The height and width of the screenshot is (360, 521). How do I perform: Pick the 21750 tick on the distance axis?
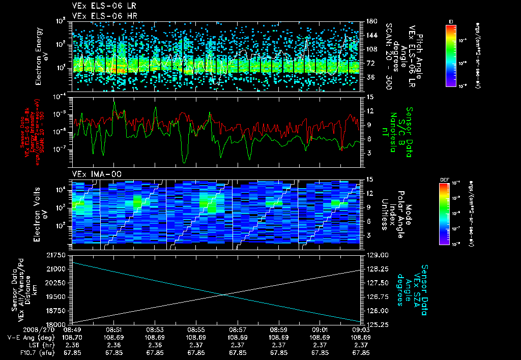coord(60,254)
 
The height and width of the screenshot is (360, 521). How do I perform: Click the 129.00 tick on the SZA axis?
coord(376,254)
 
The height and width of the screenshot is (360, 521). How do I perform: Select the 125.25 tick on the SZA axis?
coord(376,324)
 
